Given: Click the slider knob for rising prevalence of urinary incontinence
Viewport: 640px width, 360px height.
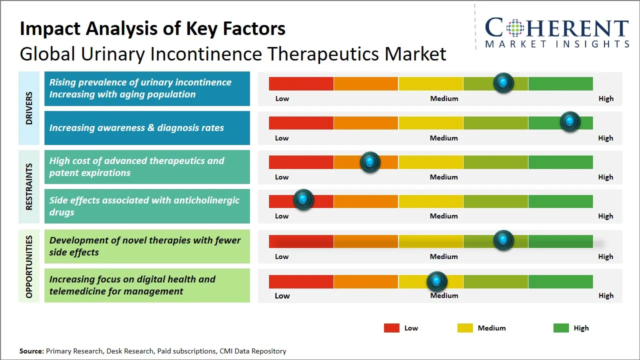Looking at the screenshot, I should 503,82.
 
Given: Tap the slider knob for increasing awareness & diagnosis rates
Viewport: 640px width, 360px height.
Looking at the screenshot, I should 569,121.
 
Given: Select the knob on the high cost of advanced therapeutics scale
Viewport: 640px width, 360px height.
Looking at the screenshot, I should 370,161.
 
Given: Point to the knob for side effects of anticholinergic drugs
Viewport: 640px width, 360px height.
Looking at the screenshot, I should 303,200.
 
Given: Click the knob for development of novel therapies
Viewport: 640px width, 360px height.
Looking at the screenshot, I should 503,240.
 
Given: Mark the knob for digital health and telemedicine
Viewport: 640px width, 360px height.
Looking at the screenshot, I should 437,281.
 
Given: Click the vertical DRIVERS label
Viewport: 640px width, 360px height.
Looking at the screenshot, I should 29,107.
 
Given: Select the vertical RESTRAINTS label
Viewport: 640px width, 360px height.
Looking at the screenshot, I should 29,186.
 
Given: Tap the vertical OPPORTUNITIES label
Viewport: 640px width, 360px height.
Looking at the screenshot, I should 29,266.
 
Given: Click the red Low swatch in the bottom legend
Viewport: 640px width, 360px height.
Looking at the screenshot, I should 391,328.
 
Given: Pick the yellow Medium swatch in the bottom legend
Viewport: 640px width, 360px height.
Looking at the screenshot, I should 465,328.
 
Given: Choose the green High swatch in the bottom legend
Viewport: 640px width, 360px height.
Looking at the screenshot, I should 561,328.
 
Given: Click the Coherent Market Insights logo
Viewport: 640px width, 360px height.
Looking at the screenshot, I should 556,32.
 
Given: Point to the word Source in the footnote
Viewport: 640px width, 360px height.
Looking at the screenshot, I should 31,351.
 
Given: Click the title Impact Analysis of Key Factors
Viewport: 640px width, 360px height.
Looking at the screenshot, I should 152,28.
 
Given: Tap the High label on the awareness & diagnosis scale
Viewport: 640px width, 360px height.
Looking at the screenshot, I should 605,138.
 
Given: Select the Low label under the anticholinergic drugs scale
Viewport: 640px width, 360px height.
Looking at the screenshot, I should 282,216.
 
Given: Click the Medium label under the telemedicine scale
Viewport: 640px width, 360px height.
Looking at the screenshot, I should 444,295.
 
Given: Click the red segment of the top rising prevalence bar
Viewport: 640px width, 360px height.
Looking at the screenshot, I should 301,83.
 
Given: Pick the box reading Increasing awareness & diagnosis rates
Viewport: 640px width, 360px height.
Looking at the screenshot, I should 147,128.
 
